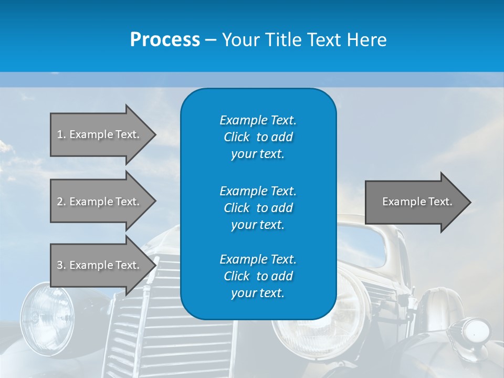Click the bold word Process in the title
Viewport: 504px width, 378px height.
165,40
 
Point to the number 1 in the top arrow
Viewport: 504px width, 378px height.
60,134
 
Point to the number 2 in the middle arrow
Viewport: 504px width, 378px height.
60,202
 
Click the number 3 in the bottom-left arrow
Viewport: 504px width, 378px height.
60,265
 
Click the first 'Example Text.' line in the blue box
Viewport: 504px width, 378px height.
258,120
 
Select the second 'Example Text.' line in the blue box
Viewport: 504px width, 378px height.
258,191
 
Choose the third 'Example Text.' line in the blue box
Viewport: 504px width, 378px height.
258,259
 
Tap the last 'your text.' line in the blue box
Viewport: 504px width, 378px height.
258,293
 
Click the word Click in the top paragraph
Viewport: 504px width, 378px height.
236,137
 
